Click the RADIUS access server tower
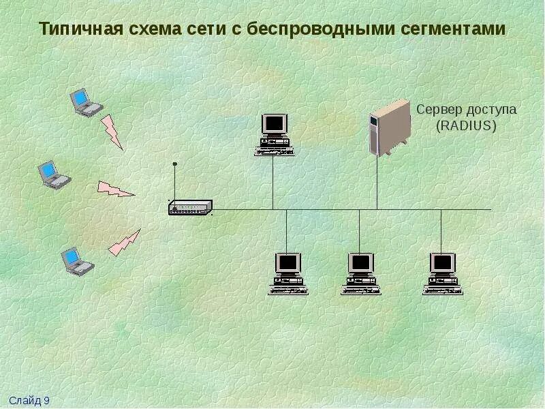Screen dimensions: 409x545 [389, 127]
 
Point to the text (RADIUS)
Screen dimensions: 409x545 [467, 126]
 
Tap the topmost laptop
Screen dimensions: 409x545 [86, 103]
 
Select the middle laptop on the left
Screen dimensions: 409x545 [54, 174]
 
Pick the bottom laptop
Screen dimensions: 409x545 [76, 261]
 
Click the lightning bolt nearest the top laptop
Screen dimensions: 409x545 [112, 132]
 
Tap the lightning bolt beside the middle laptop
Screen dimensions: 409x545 [115, 189]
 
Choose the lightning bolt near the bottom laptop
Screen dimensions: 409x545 [124, 243]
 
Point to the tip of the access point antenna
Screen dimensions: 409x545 [175, 164]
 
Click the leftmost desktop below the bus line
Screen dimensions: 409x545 [287, 273]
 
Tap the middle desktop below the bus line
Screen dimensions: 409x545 [360, 273]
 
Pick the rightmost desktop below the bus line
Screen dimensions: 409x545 [441, 273]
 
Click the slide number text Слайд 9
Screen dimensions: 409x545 [29, 401]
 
